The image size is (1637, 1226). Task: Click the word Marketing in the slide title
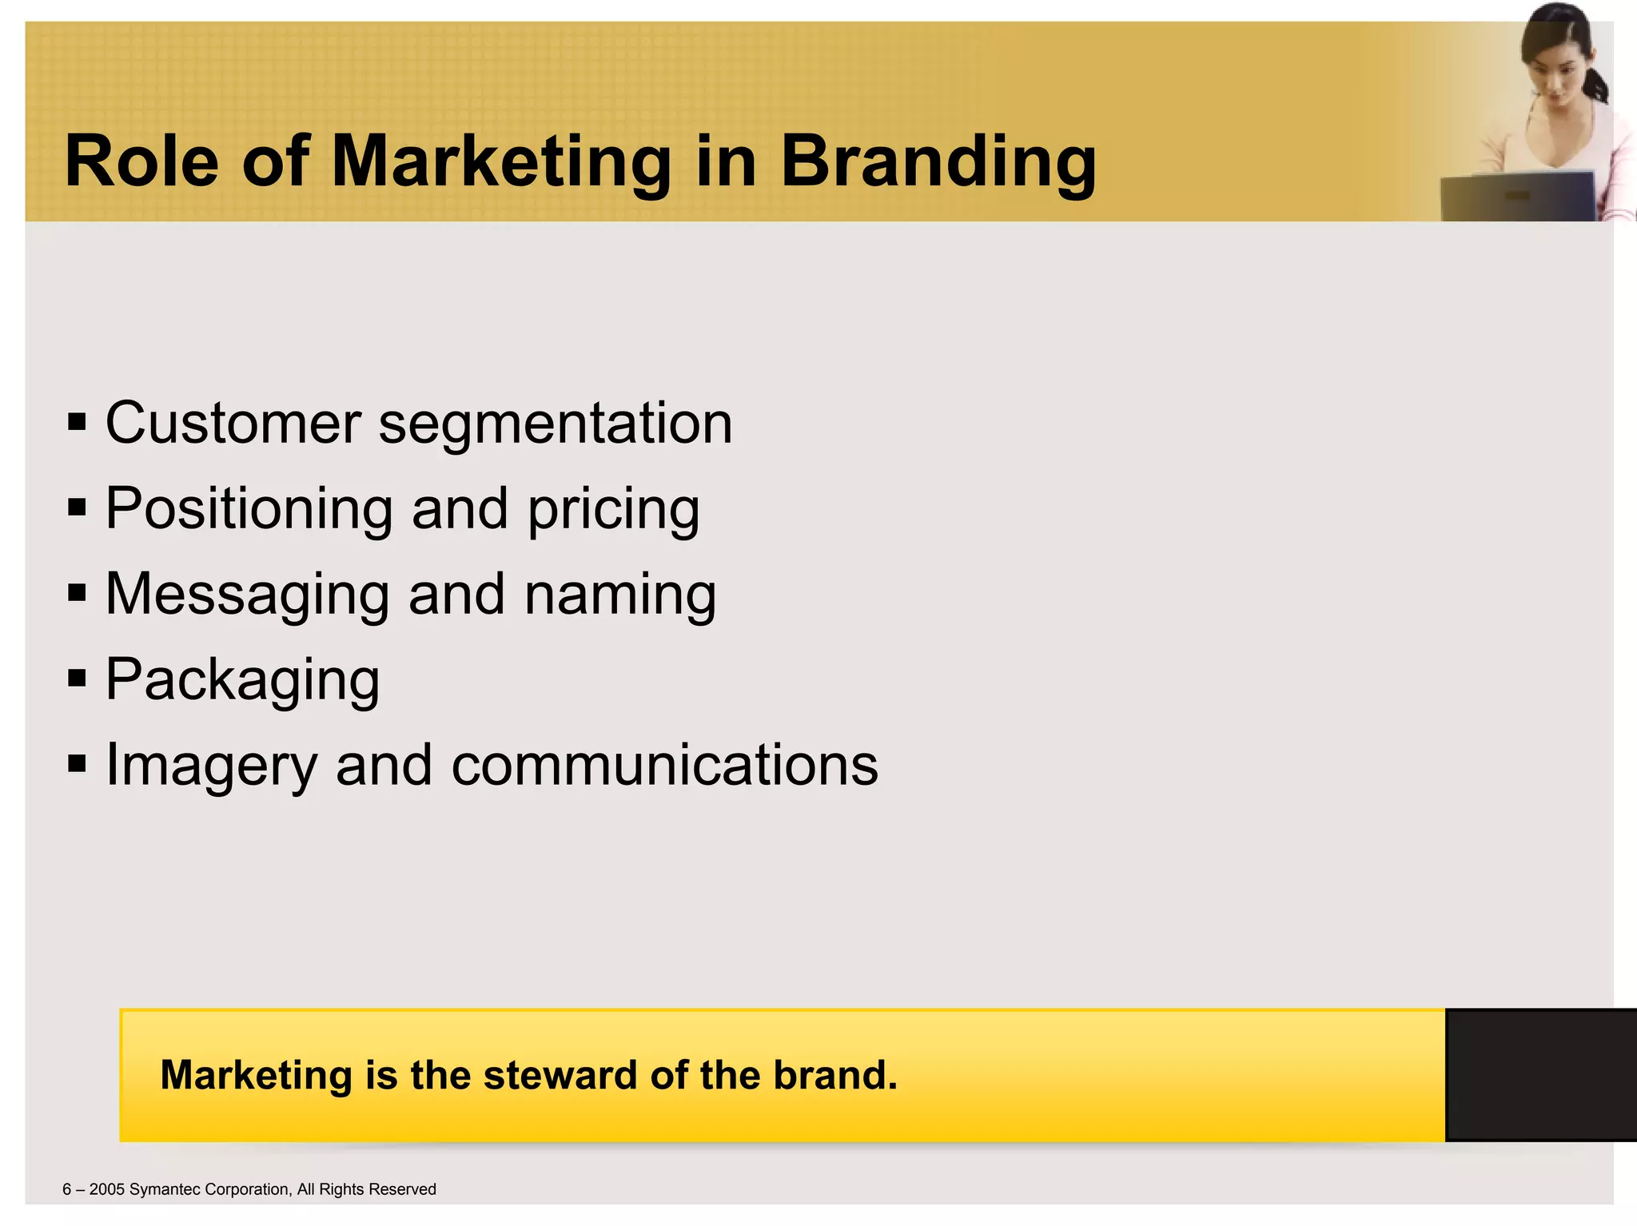tap(500, 161)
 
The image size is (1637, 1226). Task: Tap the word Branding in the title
tap(938, 161)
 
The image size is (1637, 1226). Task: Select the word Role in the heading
tap(141, 161)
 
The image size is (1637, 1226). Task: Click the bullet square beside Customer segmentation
tap(77, 422)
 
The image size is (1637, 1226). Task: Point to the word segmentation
tap(556, 424)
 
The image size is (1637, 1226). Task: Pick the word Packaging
tap(243, 680)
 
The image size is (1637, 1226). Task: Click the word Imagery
tap(212, 766)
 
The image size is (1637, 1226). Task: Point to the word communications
tap(664, 765)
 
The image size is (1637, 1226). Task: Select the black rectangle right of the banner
tap(1540, 1075)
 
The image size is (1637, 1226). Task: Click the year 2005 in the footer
tap(107, 1189)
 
